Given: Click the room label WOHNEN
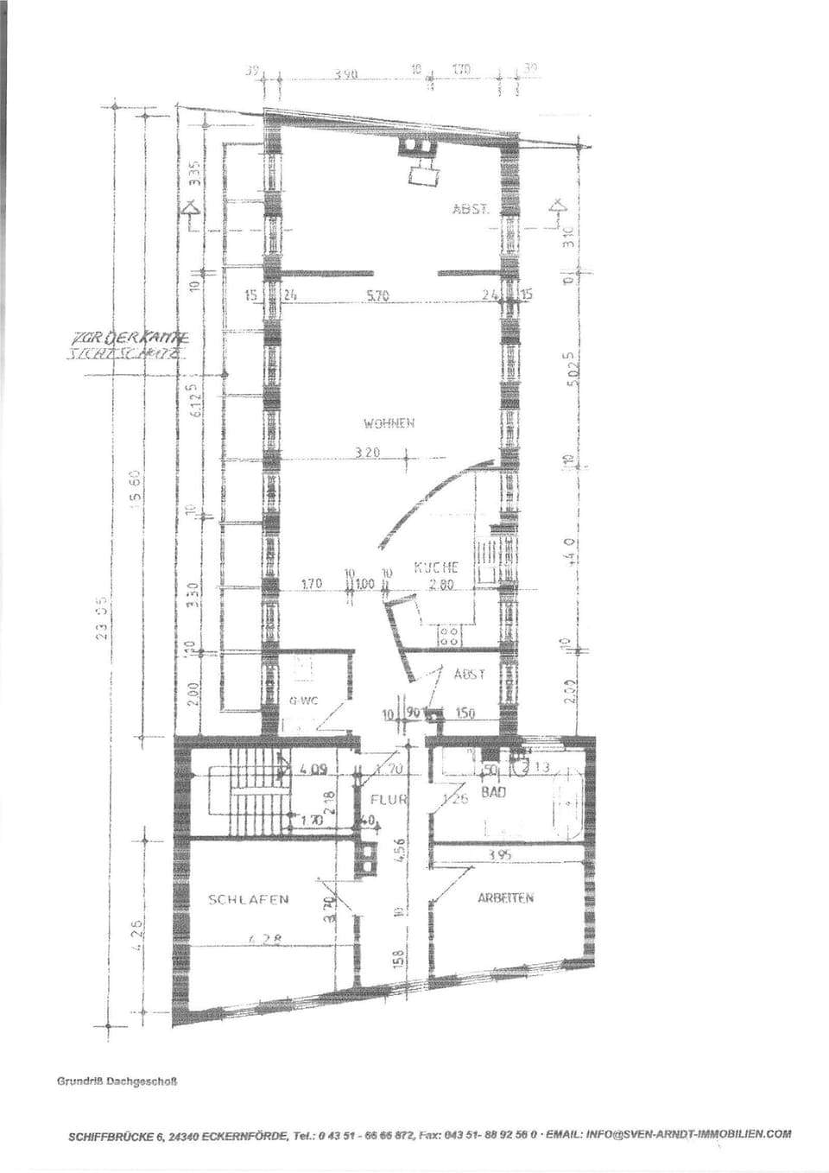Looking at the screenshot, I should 389,423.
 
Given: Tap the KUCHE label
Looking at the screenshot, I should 436,567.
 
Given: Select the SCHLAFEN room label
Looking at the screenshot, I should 249,899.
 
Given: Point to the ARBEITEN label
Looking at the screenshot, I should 505,898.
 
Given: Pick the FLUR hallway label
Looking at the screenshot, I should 388,799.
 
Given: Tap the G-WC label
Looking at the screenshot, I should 304,701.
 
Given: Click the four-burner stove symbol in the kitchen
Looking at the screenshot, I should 449,637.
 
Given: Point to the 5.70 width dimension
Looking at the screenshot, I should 378,295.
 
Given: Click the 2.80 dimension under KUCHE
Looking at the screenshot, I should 441,585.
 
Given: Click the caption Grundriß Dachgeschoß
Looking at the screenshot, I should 117,1081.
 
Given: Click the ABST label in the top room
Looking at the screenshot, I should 471,209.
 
